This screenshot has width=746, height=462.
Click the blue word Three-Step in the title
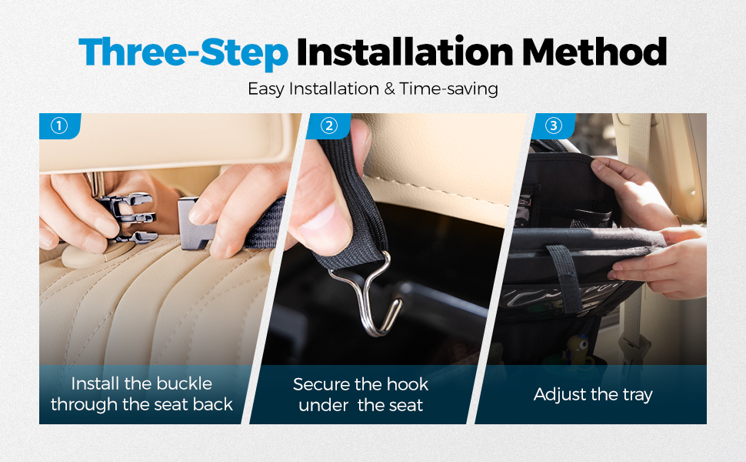[184, 52]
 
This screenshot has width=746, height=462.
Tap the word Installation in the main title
[405, 52]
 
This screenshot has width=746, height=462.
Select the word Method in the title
[594, 52]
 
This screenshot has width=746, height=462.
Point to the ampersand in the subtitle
[390, 89]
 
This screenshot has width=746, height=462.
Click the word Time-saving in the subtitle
[448, 89]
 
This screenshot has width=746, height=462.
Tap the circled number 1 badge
[59, 126]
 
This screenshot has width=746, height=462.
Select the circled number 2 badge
[328, 126]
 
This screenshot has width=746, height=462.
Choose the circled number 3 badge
[553, 126]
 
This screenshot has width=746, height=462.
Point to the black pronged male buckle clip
[126, 216]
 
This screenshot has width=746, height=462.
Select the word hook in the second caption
[408, 384]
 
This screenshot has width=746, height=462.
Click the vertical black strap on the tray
[566, 276]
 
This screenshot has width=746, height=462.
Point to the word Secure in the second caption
[321, 384]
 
